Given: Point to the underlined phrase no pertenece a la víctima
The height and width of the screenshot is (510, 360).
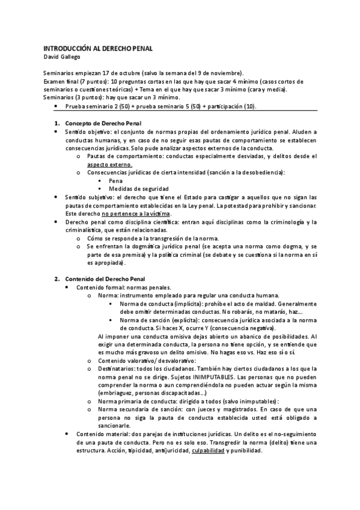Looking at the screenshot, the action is click(x=136, y=214).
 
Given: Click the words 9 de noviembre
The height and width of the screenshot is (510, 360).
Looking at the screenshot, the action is click(x=216, y=73).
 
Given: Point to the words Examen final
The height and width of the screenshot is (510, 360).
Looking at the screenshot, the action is click(x=63, y=81).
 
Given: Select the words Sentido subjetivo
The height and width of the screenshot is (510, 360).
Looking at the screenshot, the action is click(x=88, y=197).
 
